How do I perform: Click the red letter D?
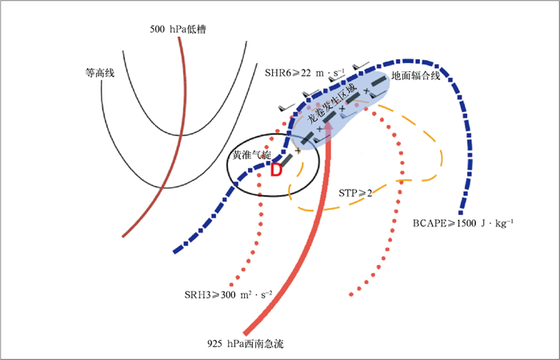pos(276,170)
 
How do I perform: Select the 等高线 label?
pos(100,73)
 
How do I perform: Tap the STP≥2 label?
pos(356,193)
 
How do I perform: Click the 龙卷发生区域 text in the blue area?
pos(330,110)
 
